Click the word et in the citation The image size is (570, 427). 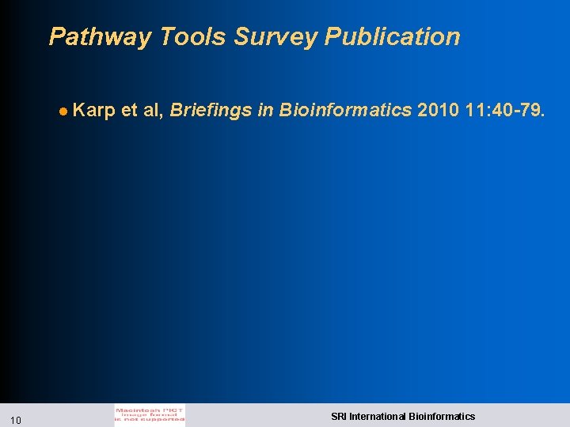pos(130,111)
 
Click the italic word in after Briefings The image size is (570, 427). pos(264,111)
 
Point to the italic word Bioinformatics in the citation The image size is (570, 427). pos(344,111)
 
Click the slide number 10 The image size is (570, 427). pos(16,419)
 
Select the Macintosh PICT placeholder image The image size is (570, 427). pos(150,415)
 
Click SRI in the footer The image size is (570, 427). pos(339,416)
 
